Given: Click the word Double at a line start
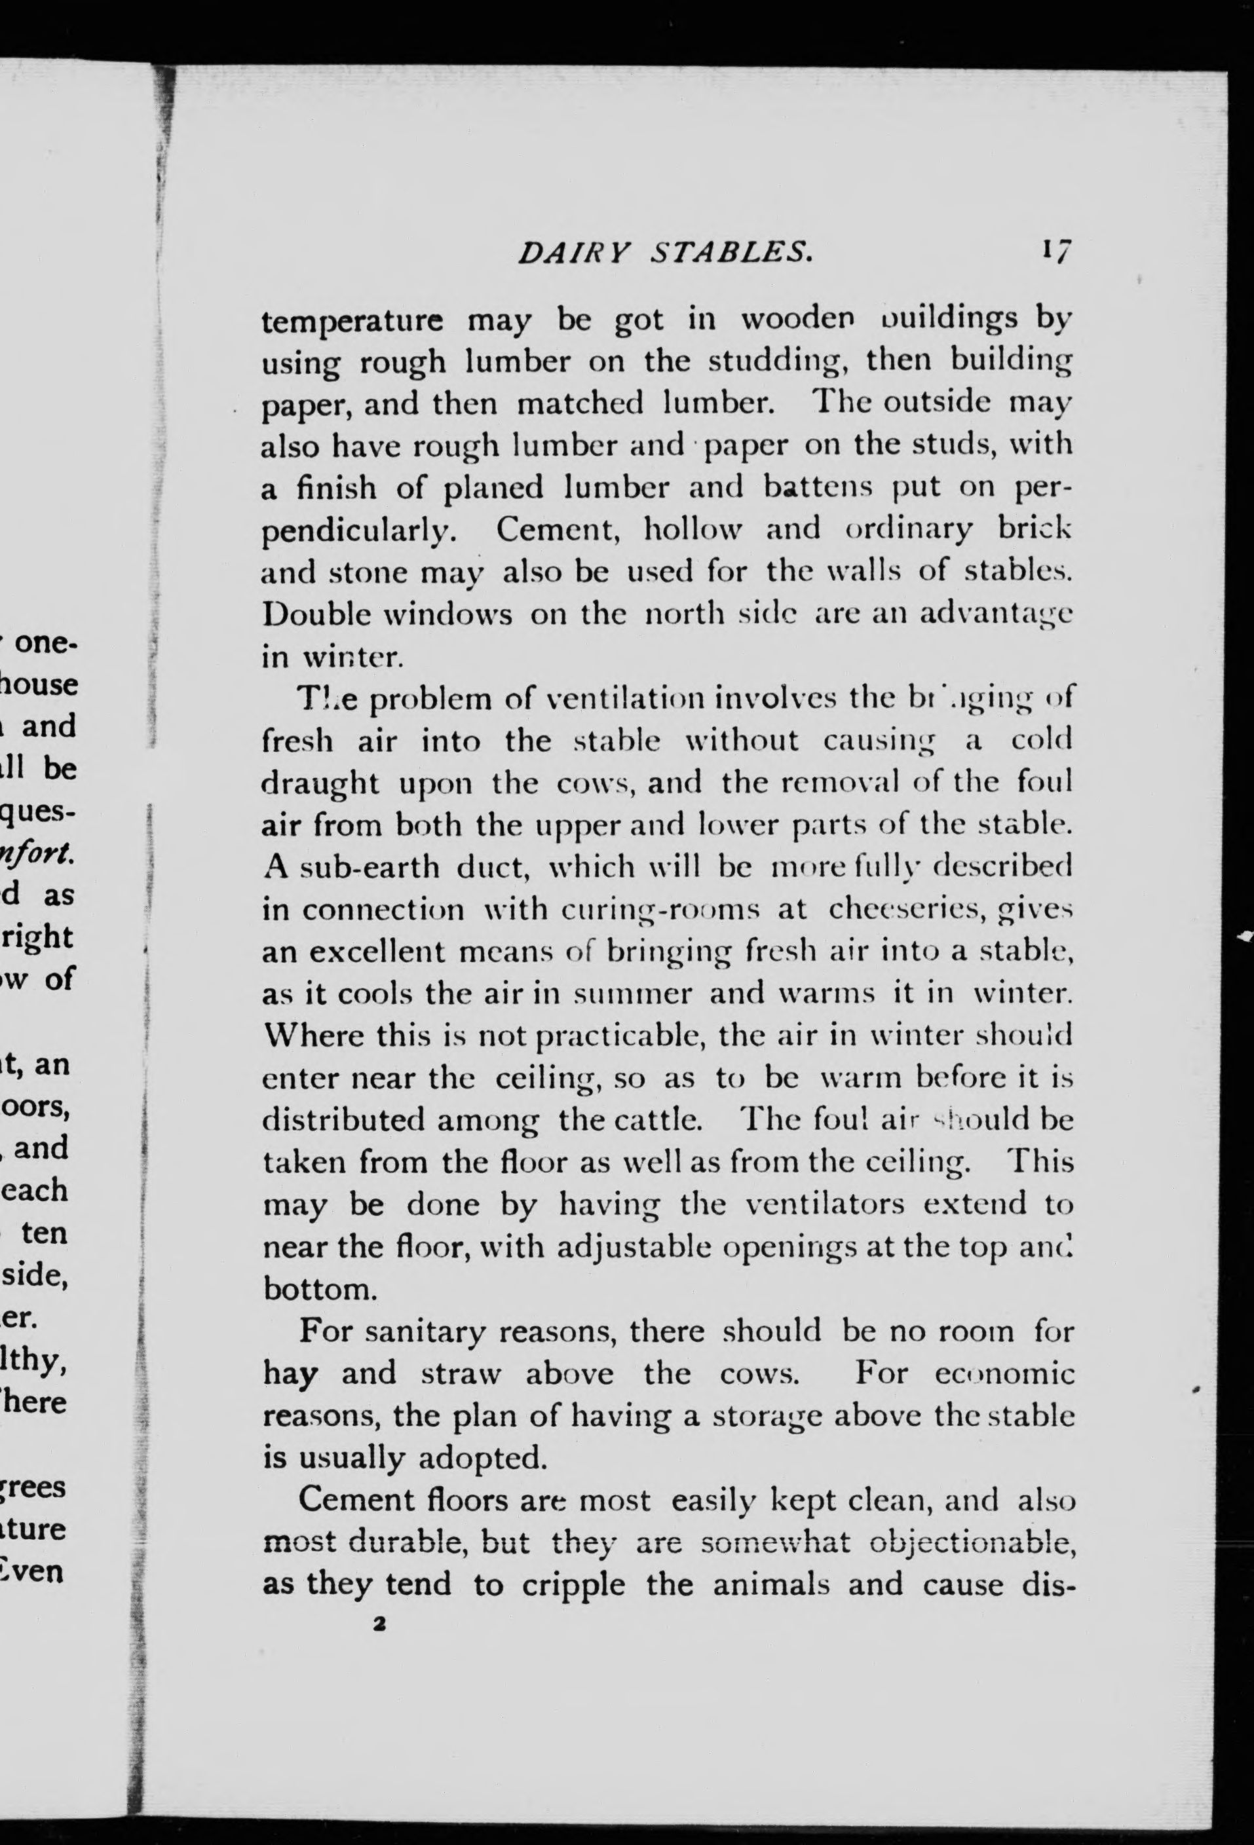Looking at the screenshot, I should pyautogui.click(x=314, y=614).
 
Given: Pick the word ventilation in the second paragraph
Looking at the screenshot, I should pyautogui.click(x=626, y=699).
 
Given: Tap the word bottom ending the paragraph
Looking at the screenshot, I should pyautogui.click(x=318, y=1288).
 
